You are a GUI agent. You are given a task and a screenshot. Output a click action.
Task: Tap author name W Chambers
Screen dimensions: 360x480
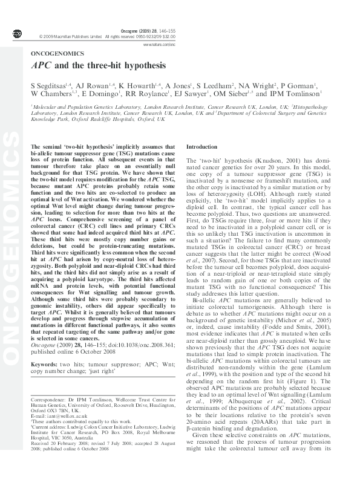[x=50, y=94]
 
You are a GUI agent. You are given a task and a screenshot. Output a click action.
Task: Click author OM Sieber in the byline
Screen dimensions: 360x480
[x=237, y=94]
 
